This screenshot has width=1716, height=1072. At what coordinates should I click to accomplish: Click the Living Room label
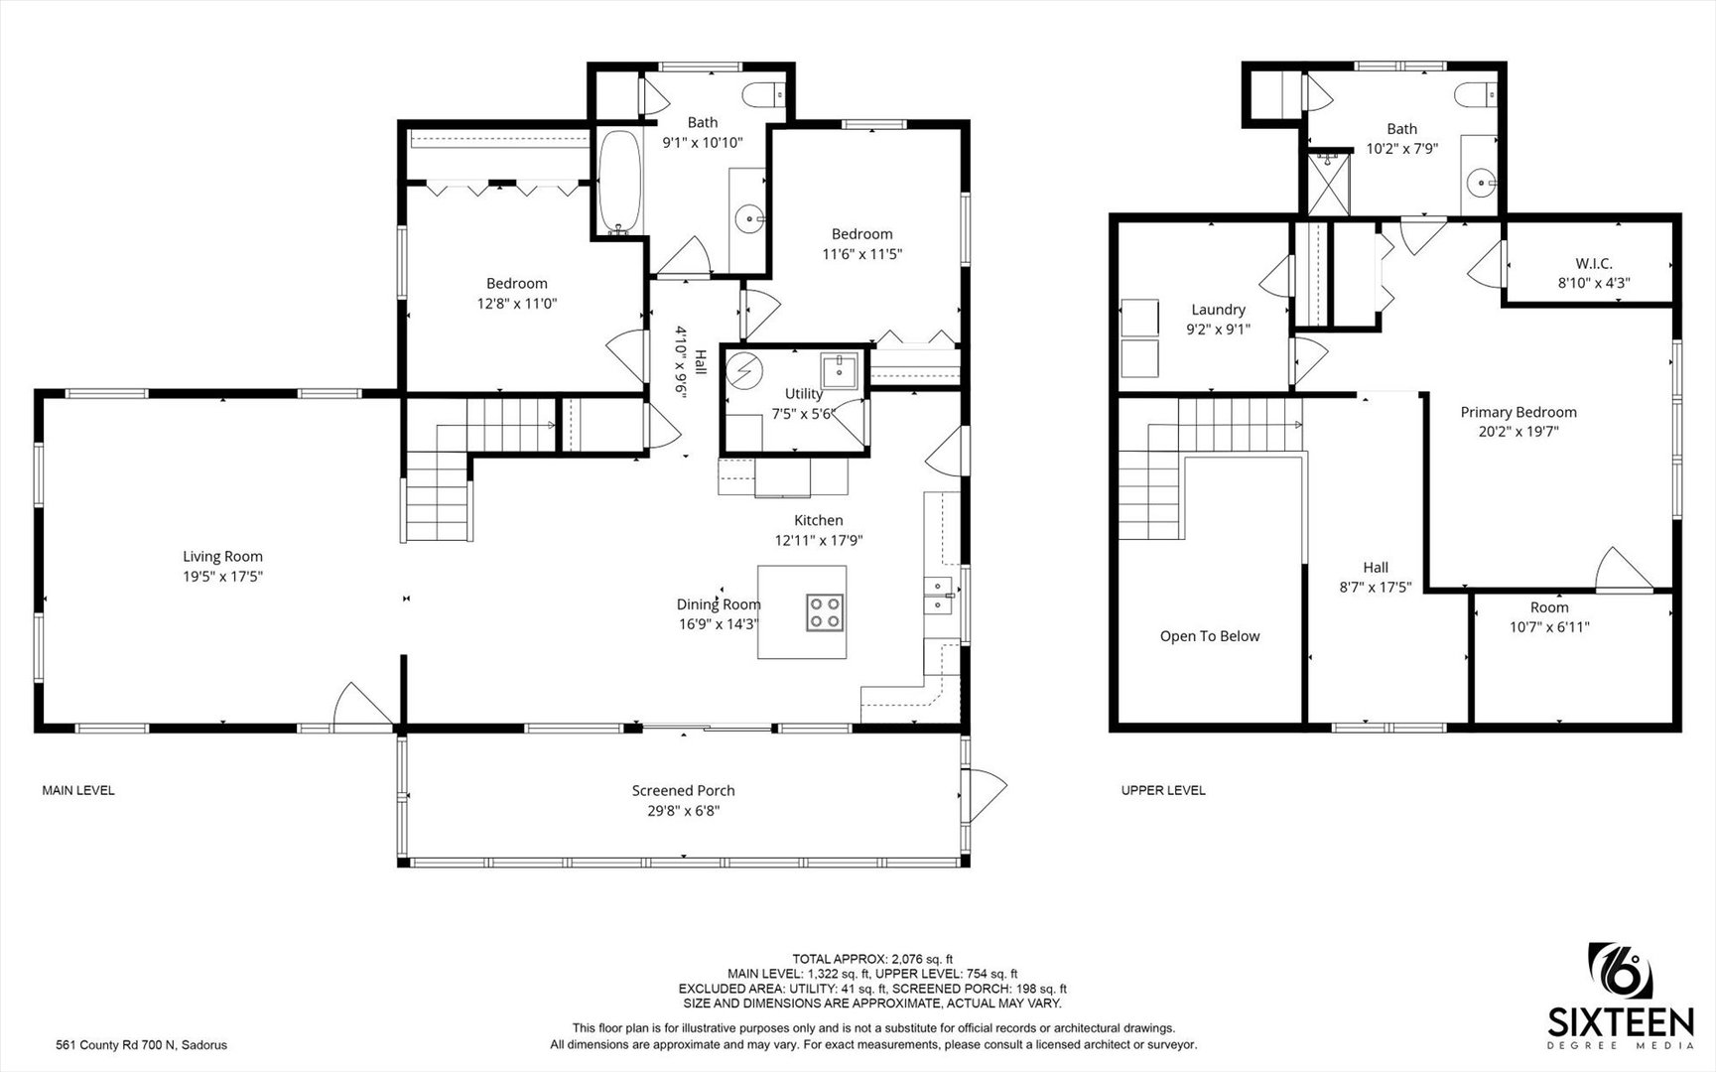pos(222,557)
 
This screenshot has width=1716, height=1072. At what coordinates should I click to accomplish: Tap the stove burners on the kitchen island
pos(825,612)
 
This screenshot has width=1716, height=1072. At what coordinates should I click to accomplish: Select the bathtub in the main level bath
pos(620,183)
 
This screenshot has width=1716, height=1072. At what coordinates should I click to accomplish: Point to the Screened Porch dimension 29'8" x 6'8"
pos(683,811)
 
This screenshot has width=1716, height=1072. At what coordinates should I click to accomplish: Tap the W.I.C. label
pos(1594,263)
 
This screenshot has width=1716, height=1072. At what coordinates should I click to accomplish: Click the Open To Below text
pos(1210,636)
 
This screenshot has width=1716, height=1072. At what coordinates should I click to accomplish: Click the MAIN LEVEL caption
pos(78,791)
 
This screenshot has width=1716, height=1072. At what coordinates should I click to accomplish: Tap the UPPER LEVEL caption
pos(1163,791)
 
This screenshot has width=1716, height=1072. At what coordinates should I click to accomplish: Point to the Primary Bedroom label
pos(1518,412)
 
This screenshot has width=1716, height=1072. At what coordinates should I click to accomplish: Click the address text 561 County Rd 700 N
pos(115,1045)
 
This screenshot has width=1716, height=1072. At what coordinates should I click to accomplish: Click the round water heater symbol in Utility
pos(743,371)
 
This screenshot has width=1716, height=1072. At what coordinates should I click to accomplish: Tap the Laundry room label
pos(1218,310)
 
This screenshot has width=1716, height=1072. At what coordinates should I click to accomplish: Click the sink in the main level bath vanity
pos(748,218)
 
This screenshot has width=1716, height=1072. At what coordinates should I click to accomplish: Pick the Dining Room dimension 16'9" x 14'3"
pos(719,624)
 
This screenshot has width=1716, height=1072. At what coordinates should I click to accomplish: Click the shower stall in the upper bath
pos(1328,183)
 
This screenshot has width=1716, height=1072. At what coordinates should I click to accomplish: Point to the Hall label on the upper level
pos(1376,567)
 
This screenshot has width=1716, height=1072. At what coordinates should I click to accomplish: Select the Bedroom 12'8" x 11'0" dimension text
pos(517,304)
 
